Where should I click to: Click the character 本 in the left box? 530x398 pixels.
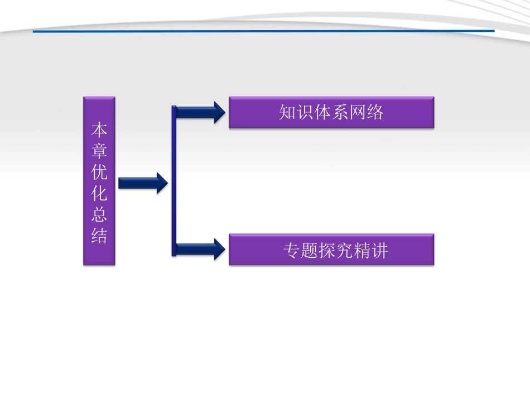pyautogui.click(x=99, y=131)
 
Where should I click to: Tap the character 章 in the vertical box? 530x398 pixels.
pyautogui.click(x=99, y=152)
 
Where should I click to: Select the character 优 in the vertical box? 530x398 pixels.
pyautogui.click(x=99, y=173)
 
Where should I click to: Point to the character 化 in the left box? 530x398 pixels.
pyautogui.click(x=99, y=194)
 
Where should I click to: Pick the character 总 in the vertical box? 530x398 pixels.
pyautogui.click(x=99, y=215)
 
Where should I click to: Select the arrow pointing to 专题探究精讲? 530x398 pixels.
pyautogui.click(x=201, y=249)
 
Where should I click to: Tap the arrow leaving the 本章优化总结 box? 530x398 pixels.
pyautogui.click(x=143, y=183)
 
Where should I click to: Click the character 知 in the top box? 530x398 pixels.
pyautogui.click(x=287, y=113)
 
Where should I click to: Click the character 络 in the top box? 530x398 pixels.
pyautogui.click(x=375, y=113)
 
